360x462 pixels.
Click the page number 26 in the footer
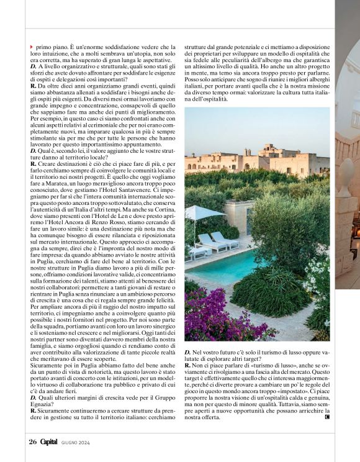33,442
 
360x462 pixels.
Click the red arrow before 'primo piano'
32,47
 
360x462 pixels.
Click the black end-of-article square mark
327,434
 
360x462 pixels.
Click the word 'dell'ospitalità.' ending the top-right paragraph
205,99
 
